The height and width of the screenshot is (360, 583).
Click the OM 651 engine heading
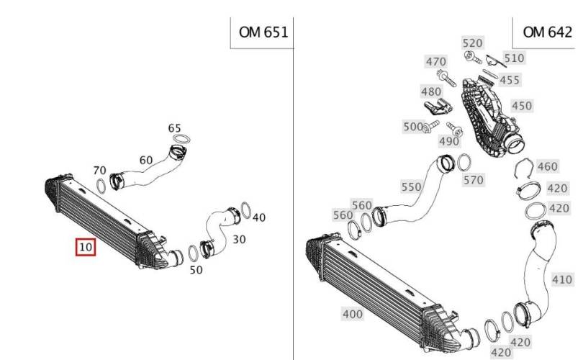coord(263,32)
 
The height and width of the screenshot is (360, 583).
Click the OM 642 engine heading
coord(547,32)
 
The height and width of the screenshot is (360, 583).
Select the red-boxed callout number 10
coord(86,247)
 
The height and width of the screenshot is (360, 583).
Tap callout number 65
coord(174,128)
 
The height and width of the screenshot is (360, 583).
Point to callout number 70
coord(99,171)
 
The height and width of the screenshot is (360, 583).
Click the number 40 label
coord(259,217)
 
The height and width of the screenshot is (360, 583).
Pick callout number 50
coord(196,270)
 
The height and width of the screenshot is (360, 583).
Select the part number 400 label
coord(353,314)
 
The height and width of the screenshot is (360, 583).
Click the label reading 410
coord(562,279)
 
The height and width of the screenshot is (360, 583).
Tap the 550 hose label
coord(411,186)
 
